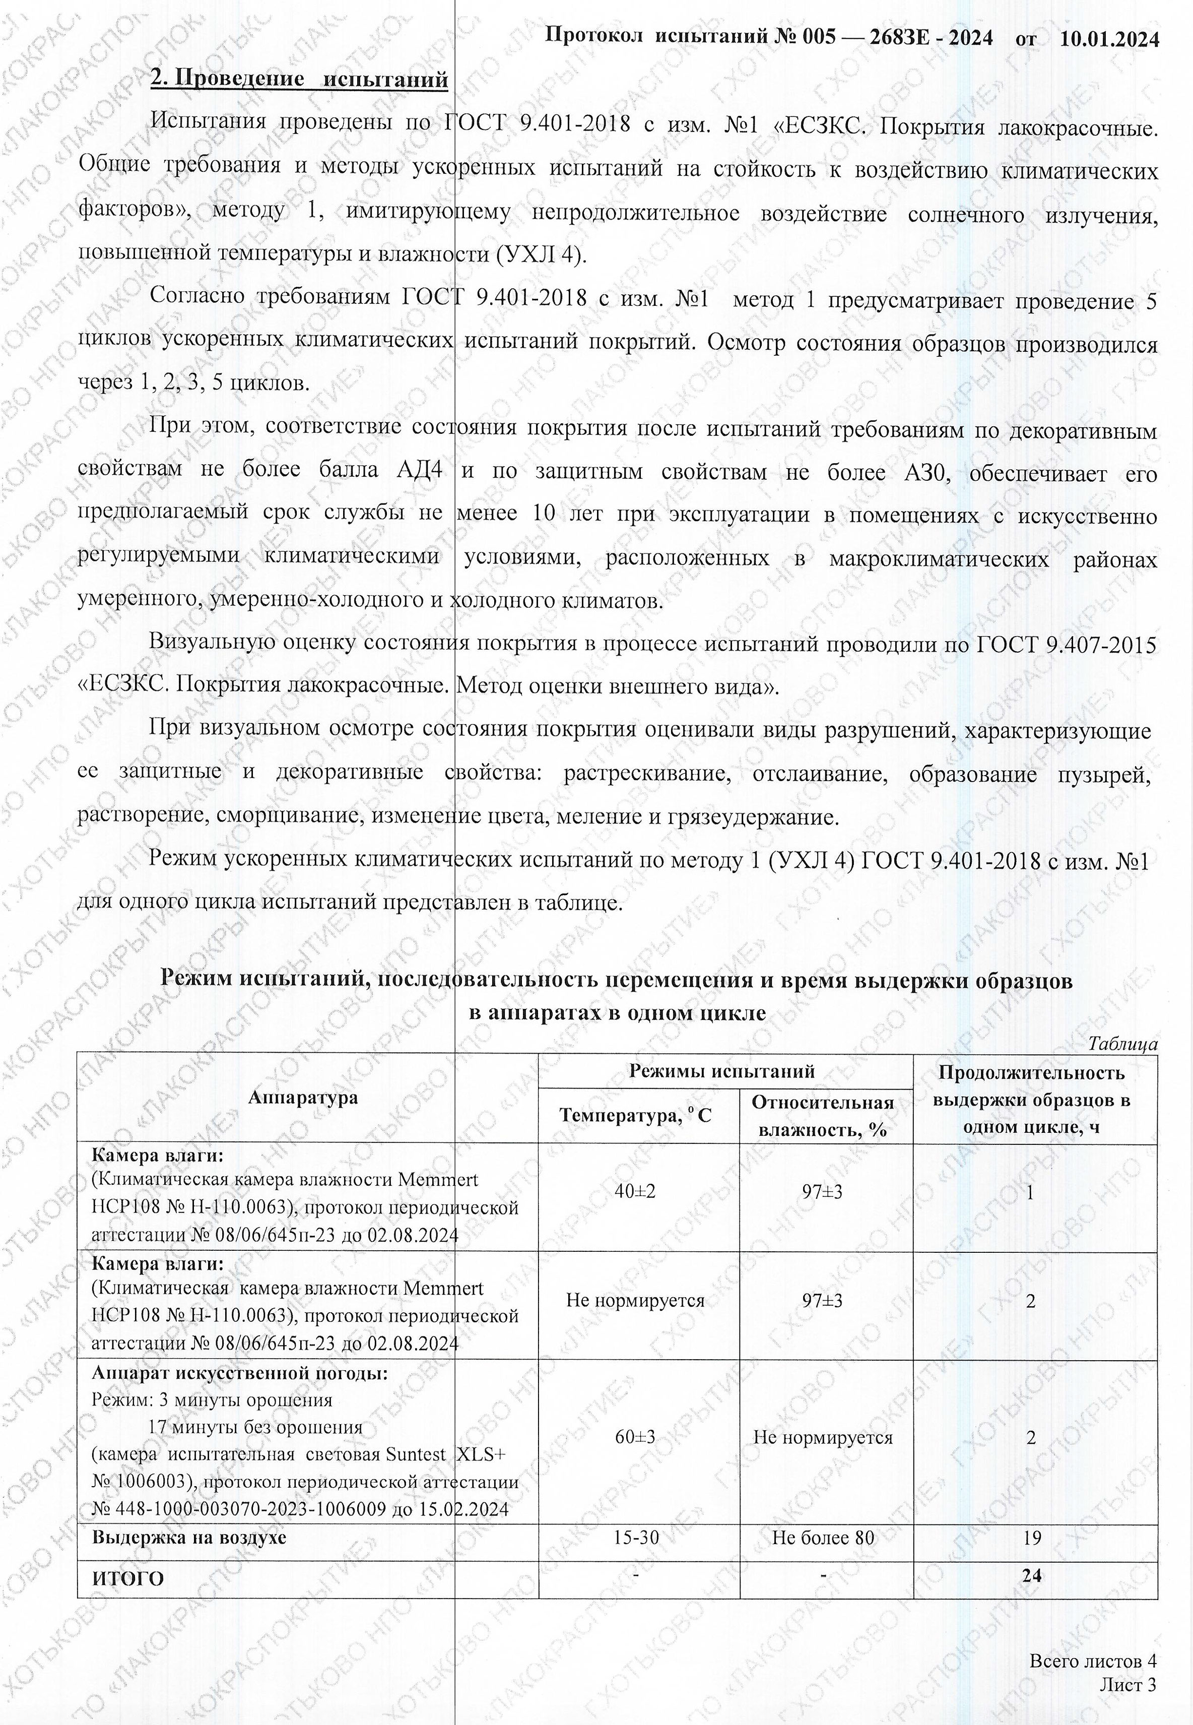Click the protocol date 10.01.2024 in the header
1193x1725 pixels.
tap(1109, 37)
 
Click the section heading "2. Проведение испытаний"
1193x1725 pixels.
tap(299, 79)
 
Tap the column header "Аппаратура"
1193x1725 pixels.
tap(303, 1097)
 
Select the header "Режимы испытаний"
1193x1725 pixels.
tap(721, 1071)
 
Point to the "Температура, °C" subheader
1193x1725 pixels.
tap(635, 1116)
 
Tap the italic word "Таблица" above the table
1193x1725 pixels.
tap(1123, 1044)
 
